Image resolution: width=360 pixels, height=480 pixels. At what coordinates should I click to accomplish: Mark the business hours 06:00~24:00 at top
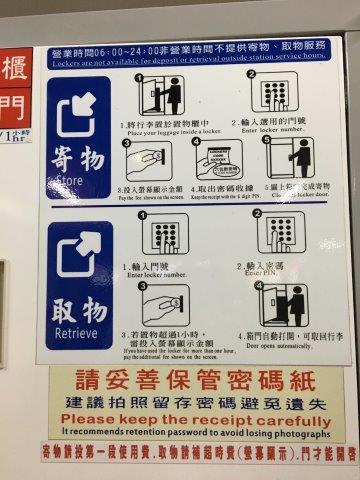coord(120,46)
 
